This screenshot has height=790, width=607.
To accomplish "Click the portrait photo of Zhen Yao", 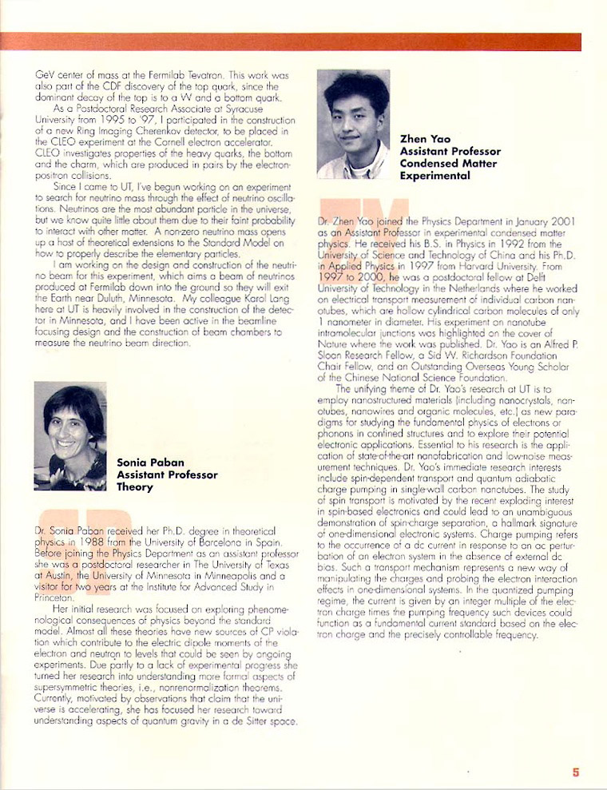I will coord(353,124).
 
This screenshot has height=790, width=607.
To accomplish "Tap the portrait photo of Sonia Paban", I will coord(70,436).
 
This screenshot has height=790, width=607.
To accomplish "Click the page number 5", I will coord(575,772).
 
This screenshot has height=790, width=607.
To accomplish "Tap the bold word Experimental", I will coord(434,176).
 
